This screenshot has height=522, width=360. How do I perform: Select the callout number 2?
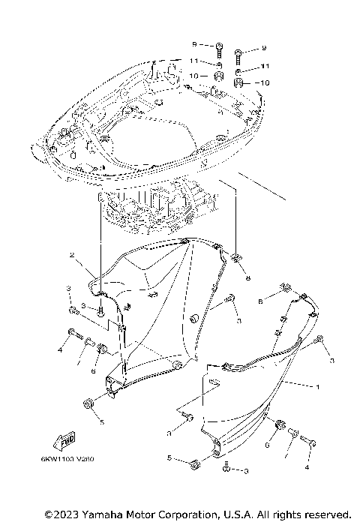pyautogui.click(x=73, y=256)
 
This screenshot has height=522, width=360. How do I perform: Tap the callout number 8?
pyautogui.click(x=247, y=277)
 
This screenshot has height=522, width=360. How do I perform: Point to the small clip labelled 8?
pyautogui.click(x=235, y=260)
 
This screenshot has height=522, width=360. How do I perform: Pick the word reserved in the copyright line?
pyautogui.click(x=327, y=514)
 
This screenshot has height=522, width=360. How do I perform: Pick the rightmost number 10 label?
pyautogui.click(x=263, y=82)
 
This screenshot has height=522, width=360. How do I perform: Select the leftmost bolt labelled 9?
pyautogui.click(x=217, y=50)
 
